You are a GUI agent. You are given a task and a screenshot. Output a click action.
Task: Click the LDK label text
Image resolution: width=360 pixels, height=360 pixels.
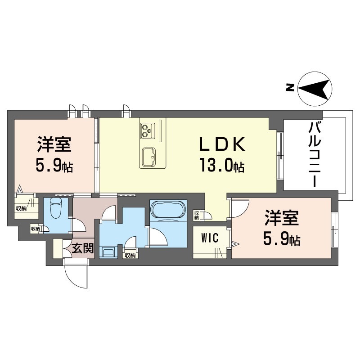pyautogui.click(x=222, y=144)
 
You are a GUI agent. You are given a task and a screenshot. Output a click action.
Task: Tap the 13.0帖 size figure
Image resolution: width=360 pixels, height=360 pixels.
pyautogui.click(x=222, y=165)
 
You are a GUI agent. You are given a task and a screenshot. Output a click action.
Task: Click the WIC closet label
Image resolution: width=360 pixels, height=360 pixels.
pyautogui.click(x=210, y=238)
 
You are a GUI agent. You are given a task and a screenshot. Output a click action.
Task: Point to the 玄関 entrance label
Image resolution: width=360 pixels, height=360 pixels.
pyautogui.click(x=83, y=248)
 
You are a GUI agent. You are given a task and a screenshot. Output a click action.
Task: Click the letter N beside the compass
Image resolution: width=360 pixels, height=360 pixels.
pyautogui.click(x=290, y=87)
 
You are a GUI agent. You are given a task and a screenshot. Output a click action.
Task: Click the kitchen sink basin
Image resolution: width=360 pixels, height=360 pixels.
pyautogui.click(x=148, y=157)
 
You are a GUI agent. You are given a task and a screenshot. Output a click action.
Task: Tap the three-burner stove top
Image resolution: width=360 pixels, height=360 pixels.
pyautogui.click(x=148, y=130)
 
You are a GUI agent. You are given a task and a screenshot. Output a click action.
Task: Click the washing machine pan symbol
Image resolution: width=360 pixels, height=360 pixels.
pyautogui.click(x=108, y=252)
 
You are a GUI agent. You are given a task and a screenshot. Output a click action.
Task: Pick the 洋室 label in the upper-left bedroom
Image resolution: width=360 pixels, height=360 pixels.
pyautogui.click(x=54, y=144)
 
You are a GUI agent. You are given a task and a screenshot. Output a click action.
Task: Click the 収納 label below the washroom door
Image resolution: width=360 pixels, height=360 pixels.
pyautogui.click(x=130, y=255)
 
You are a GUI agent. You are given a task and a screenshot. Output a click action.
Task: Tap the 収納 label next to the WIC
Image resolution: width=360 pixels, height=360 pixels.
pyautogui.click(x=197, y=215)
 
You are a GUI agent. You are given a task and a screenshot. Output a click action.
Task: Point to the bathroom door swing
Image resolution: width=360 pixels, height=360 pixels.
pyautogui.click(x=158, y=237)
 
